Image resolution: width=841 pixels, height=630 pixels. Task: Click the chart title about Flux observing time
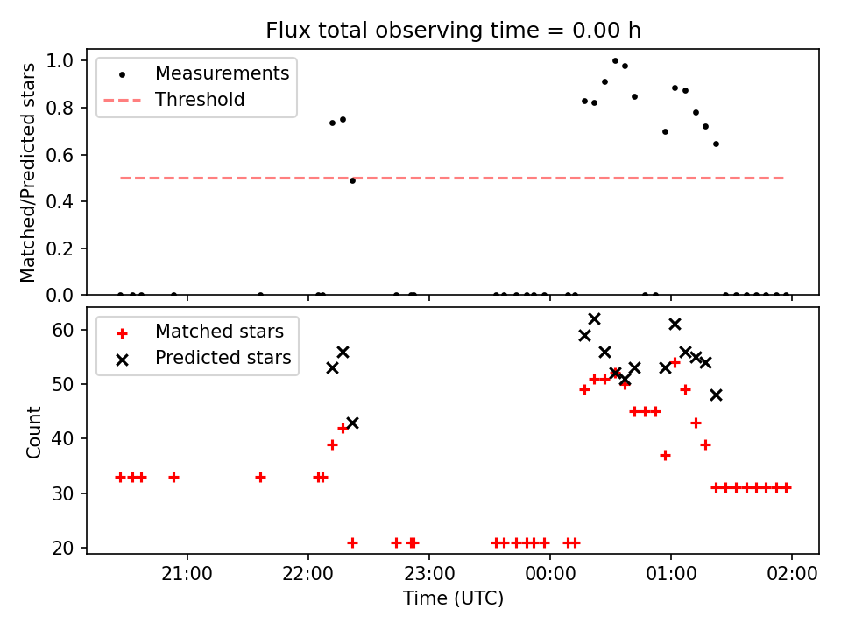453,31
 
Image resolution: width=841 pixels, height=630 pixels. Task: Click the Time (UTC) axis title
453,599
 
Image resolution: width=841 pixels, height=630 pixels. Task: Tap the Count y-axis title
34,432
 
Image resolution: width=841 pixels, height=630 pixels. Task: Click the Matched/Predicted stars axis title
29,172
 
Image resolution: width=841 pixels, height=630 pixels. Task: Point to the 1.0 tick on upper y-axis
67,61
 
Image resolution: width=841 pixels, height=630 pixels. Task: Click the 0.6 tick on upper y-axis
67,155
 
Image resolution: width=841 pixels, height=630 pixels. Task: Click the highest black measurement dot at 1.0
615,61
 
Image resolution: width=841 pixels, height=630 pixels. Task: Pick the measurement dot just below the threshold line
352,180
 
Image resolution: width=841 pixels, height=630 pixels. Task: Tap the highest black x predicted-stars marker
594,318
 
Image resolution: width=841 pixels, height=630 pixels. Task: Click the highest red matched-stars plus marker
675,362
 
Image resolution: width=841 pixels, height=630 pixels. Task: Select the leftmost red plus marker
120,477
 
